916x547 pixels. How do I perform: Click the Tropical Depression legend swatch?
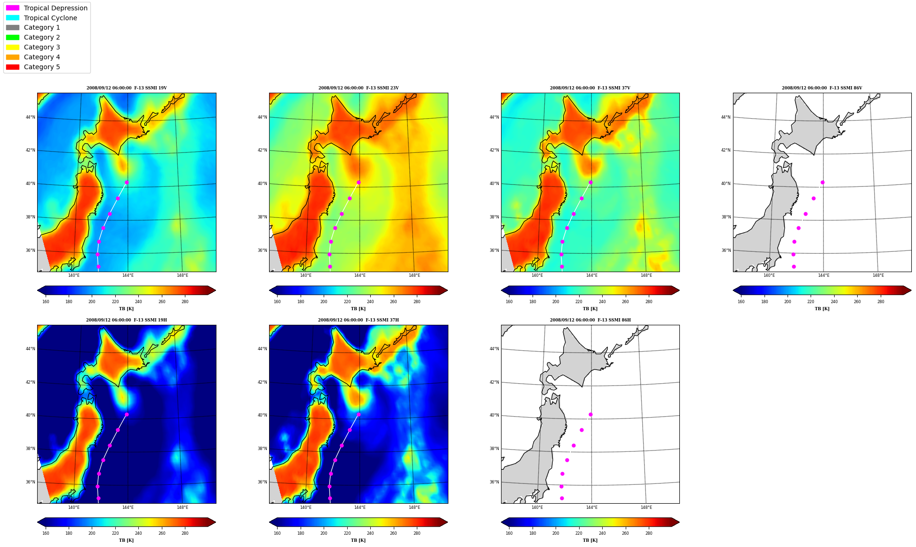(x=13, y=8)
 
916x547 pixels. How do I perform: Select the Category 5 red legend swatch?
(x=13, y=67)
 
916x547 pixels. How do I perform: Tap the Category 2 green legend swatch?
(x=13, y=37)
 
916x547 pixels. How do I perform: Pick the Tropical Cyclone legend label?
(x=50, y=18)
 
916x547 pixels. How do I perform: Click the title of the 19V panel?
(x=127, y=88)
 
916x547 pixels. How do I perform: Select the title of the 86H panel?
(x=590, y=320)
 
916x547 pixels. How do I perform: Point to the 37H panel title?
(x=358, y=320)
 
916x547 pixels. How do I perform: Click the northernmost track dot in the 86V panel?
(x=822, y=182)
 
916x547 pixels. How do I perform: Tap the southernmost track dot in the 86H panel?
(x=562, y=498)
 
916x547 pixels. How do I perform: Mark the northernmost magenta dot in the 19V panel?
(x=127, y=182)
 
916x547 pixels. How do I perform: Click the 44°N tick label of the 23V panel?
(x=262, y=117)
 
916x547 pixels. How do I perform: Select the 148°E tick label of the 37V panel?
(x=646, y=275)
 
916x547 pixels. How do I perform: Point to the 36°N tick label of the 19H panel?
(x=31, y=482)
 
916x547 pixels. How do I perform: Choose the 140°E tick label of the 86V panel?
(x=769, y=275)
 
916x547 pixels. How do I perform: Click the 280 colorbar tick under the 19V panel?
(x=185, y=302)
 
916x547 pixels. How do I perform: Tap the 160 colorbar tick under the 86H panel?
(x=509, y=533)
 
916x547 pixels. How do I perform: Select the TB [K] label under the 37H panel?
(x=358, y=540)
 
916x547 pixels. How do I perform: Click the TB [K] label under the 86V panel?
(x=822, y=309)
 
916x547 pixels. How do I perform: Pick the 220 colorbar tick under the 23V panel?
(x=347, y=302)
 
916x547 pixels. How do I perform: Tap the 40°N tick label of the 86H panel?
(x=494, y=415)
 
